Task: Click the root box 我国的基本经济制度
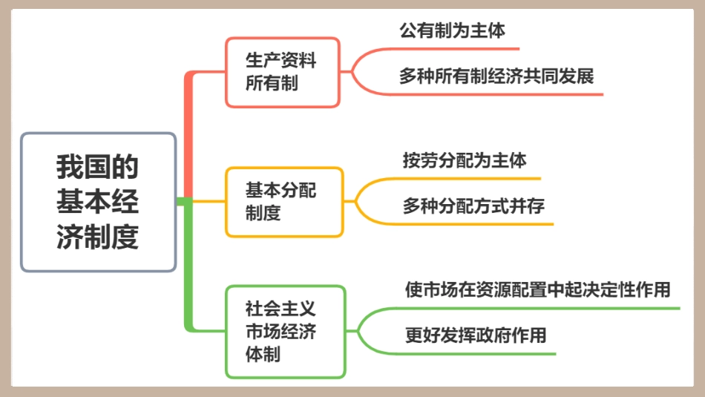pyautogui.click(x=98, y=202)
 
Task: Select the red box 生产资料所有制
pyautogui.click(x=282, y=72)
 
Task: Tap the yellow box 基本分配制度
pyautogui.click(x=284, y=202)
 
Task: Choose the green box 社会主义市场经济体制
pyautogui.click(x=286, y=332)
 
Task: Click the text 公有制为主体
pyautogui.click(x=452, y=31)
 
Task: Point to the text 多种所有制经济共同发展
pyautogui.click(x=496, y=76)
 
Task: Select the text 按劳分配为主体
pyautogui.click(x=465, y=160)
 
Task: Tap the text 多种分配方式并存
pyautogui.click(x=473, y=206)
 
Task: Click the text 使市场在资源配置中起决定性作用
pyautogui.click(x=537, y=289)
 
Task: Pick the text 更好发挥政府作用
pyautogui.click(x=476, y=335)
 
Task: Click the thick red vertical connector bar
pyautogui.click(x=188, y=134)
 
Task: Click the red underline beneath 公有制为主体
pyautogui.click(x=453, y=49)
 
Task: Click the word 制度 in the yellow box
pyautogui.click(x=263, y=214)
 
